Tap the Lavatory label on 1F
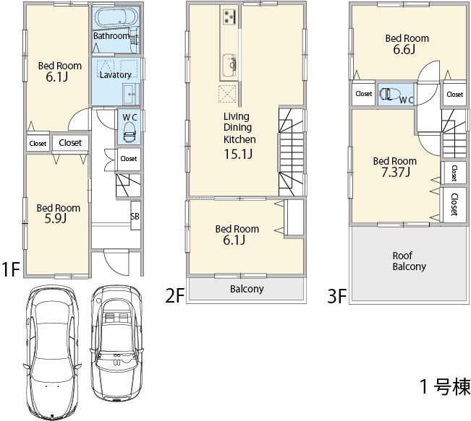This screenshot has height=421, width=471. click(115, 75)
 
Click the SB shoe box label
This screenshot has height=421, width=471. click(135, 216)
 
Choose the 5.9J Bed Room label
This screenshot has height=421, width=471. click(59, 214)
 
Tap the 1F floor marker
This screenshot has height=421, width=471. click(9, 270)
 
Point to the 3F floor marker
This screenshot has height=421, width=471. click(336, 295)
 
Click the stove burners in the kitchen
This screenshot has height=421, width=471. click(230, 16)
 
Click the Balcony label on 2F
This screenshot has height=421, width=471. click(246, 289)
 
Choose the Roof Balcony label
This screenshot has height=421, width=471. click(409, 261)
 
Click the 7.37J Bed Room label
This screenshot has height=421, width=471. click(394, 166)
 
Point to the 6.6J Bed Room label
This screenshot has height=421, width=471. click(407, 44)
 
